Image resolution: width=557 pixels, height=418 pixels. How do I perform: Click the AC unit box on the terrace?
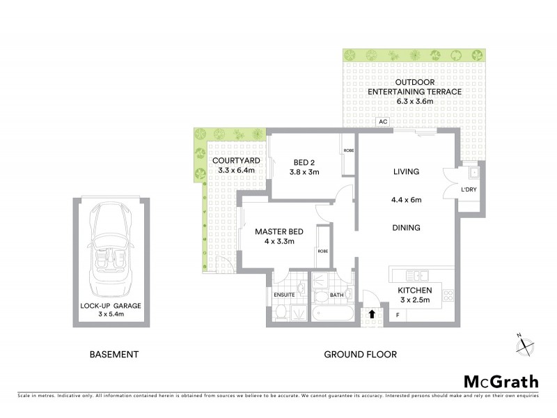[x=382, y=121]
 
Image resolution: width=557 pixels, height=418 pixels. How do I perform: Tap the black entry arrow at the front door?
[x=372, y=314]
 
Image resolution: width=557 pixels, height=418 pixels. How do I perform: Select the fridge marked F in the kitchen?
[x=398, y=316]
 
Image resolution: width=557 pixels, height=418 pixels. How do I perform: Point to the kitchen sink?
[x=416, y=274]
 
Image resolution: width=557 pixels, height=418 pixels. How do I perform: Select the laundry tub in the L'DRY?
[x=473, y=171]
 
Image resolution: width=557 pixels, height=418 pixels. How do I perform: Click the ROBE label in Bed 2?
[x=347, y=149]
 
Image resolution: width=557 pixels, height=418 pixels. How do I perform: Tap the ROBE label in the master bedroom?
[x=322, y=251]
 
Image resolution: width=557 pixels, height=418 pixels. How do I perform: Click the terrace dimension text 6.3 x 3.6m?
[x=400, y=102]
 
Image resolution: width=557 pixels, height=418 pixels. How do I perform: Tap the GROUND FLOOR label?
[x=360, y=355]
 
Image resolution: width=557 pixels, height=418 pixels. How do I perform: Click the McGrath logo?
[x=501, y=381]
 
